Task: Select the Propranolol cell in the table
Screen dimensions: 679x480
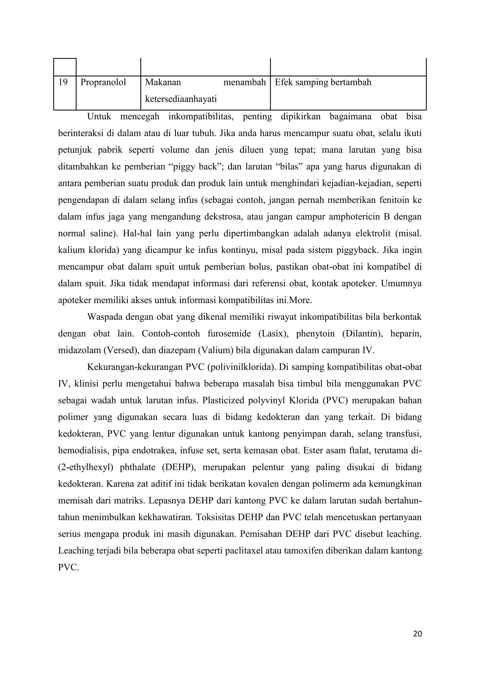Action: point(103,82)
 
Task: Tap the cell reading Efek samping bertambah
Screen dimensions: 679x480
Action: point(323,82)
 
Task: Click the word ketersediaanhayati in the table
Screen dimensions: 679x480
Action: point(181,99)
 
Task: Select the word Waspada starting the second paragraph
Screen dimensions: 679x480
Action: point(105,317)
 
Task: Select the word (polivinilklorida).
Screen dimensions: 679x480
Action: point(242,367)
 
